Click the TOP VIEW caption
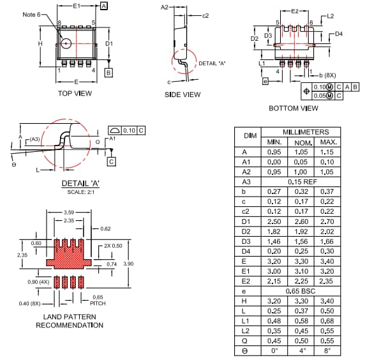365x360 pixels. click(x=75, y=93)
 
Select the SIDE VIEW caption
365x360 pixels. click(x=183, y=94)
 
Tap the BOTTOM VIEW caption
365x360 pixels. click(x=293, y=109)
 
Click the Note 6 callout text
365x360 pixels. click(x=31, y=14)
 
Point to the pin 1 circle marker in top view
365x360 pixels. click(x=66, y=43)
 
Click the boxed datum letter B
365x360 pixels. click(x=108, y=73)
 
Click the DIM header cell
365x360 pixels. click(x=250, y=136)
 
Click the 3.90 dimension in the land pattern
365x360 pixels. click(x=128, y=264)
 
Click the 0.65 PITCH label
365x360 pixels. click(x=98, y=300)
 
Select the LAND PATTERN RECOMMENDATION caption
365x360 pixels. click(x=70, y=321)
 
